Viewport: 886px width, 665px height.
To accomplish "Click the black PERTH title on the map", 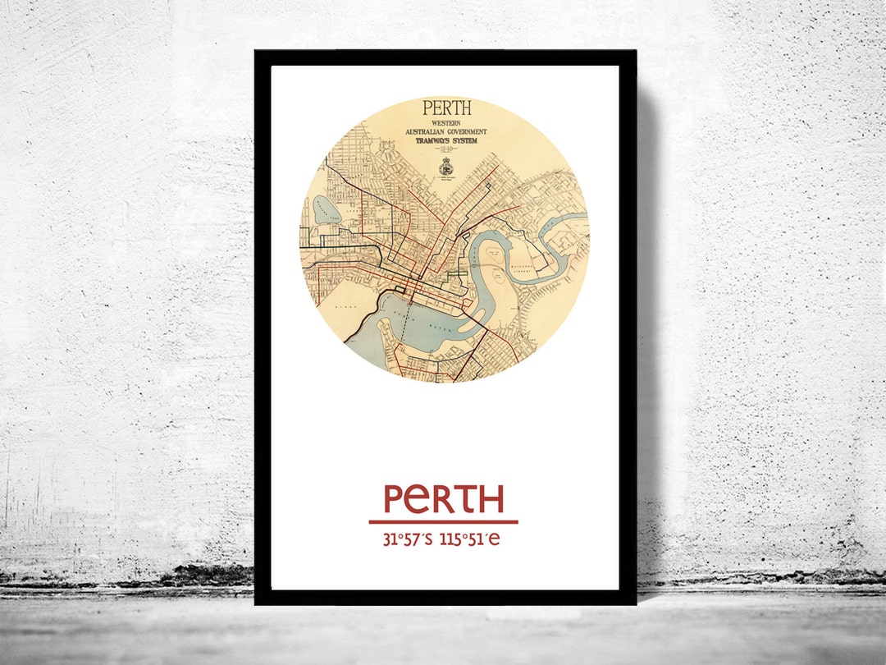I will (446, 108).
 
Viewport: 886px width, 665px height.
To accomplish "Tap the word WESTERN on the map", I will (446, 123).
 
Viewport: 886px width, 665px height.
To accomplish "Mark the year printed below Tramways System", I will (446, 149).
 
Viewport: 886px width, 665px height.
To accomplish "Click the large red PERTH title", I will (443, 499).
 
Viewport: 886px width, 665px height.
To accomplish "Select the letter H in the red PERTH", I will (489, 499).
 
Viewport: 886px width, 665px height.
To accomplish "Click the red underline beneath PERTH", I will (443, 521).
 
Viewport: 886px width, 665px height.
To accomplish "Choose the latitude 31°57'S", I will (408, 539).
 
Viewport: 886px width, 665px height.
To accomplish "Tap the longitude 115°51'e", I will (469, 539).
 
